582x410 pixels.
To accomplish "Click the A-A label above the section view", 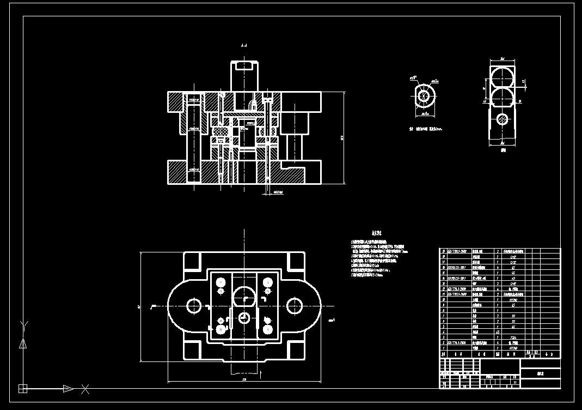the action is [x=244, y=47].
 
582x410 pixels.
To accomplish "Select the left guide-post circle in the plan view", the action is [x=194, y=305].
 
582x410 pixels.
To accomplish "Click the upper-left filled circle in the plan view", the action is [x=220, y=282].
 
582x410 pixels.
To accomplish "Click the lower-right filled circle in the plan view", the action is [x=267, y=329].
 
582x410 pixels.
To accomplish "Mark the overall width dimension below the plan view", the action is [x=244, y=379].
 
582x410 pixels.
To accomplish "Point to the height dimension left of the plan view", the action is [x=140, y=306].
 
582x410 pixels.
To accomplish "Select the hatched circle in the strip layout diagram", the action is [x=503, y=119].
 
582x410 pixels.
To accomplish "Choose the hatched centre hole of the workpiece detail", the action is [x=425, y=96].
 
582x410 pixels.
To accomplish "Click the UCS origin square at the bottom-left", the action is [x=23, y=389].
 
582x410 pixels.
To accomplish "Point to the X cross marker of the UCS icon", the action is [x=85, y=389].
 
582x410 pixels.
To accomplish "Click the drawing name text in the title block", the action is [x=540, y=375].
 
